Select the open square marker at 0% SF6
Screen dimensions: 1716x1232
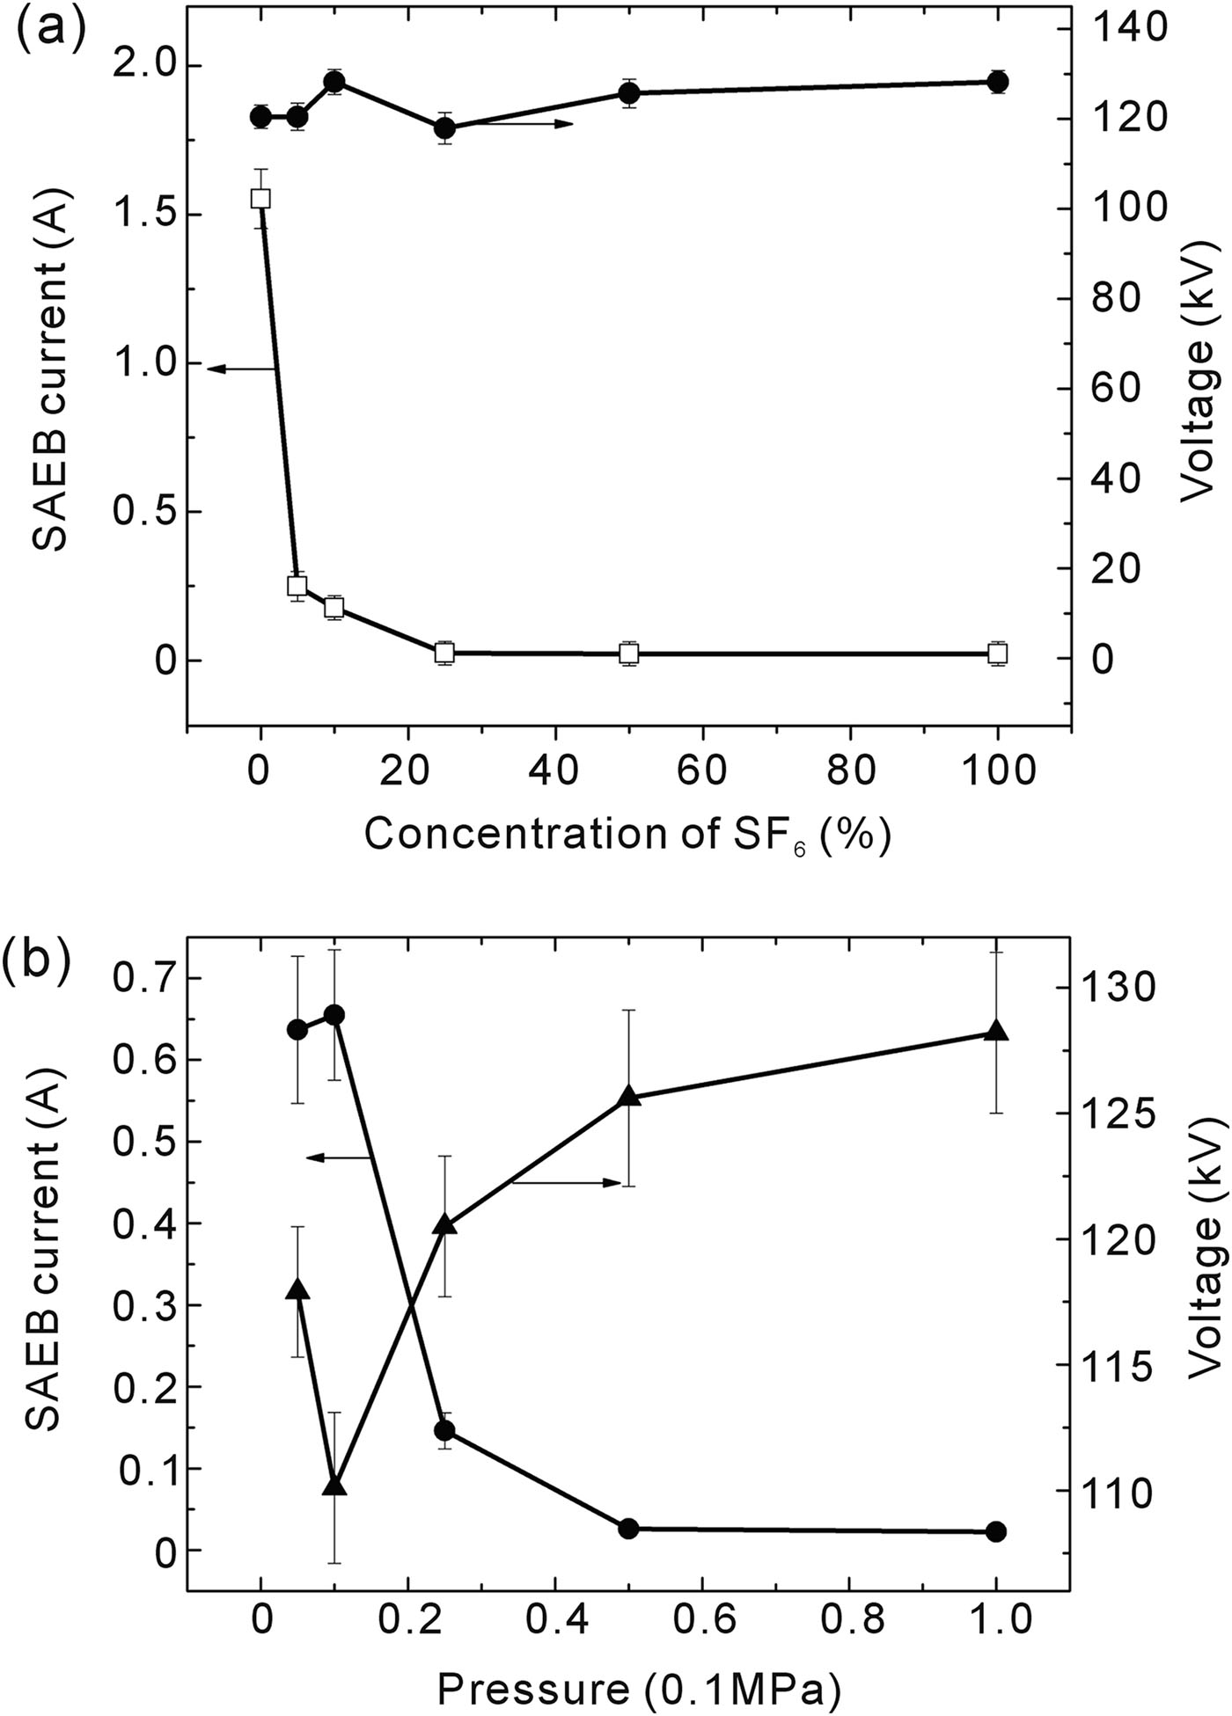(260, 199)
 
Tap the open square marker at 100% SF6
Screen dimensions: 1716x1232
(997, 654)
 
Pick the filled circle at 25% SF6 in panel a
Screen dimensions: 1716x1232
(445, 128)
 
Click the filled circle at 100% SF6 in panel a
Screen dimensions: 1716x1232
(997, 81)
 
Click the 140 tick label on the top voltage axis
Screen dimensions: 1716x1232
(1128, 29)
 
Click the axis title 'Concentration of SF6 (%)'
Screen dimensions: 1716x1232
(627, 834)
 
